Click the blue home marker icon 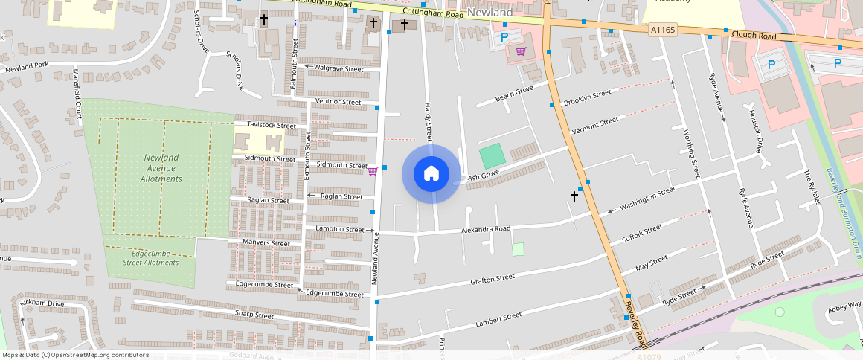coord(431,174)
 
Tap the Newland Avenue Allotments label coord(161,168)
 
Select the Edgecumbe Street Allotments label coord(151,257)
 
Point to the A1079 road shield coord(649,357)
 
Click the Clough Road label coord(753,35)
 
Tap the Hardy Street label coord(429,122)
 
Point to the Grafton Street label coord(492,279)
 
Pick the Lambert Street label coord(498,318)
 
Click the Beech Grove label coord(515,94)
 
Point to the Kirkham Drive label coord(43,304)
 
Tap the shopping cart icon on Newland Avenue coord(373,171)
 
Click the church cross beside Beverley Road coord(574,196)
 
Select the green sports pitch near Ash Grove coord(491,156)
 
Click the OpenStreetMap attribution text coord(74,355)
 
